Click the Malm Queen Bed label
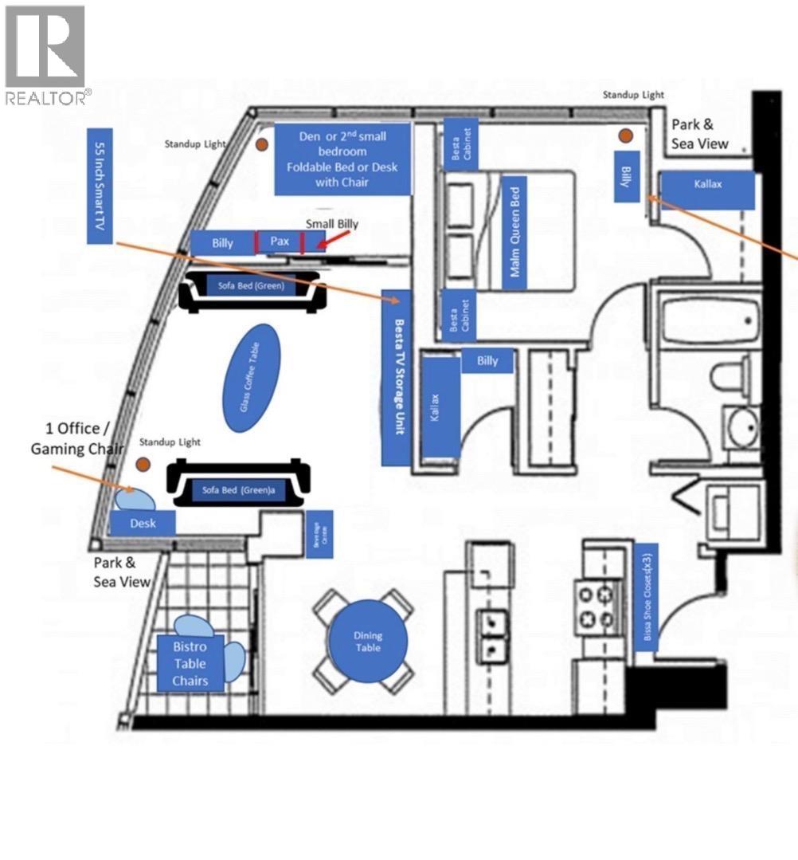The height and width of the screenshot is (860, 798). click(515, 232)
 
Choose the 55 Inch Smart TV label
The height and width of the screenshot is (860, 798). click(100, 185)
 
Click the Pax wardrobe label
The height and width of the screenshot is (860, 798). click(279, 242)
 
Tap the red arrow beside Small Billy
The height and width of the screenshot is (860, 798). click(323, 241)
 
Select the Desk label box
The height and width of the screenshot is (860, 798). click(143, 523)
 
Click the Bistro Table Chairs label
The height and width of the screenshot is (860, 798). click(190, 663)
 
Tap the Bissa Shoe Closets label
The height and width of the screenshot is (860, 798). click(647, 598)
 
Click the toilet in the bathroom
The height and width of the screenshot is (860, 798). click(734, 375)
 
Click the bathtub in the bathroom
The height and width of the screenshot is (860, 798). click(707, 322)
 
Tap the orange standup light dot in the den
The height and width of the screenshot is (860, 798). click(262, 145)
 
